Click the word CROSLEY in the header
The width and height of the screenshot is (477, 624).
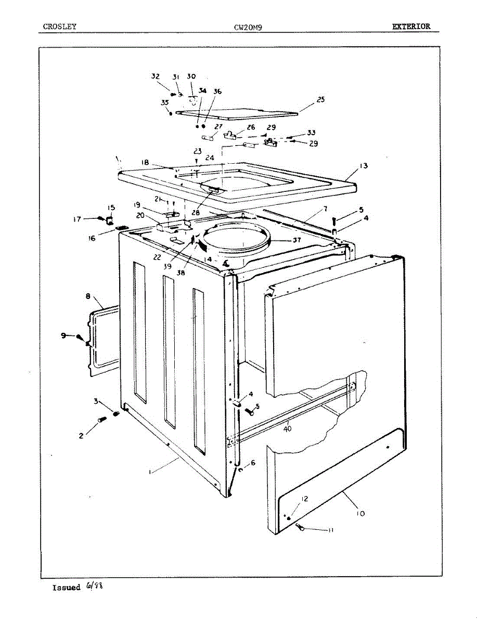click(x=60, y=26)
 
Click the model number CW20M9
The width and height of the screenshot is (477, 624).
click(x=248, y=27)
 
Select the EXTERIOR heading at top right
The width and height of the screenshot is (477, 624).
click(x=411, y=26)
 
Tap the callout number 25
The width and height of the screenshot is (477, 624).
click(x=320, y=99)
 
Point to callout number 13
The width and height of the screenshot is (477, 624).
click(x=363, y=166)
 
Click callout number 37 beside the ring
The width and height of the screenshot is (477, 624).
click(x=296, y=240)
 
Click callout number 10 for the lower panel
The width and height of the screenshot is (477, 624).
click(x=360, y=513)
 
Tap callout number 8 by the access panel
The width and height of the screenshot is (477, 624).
click(x=87, y=296)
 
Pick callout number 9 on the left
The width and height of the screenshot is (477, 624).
click(x=63, y=335)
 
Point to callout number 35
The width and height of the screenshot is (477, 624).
click(x=164, y=102)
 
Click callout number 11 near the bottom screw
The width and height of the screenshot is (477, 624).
click(x=330, y=530)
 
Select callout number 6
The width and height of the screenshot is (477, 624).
click(x=253, y=462)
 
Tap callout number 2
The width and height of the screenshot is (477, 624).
click(x=81, y=436)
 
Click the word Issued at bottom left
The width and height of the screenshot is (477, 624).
click(x=66, y=588)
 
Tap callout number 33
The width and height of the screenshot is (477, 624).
click(x=311, y=133)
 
